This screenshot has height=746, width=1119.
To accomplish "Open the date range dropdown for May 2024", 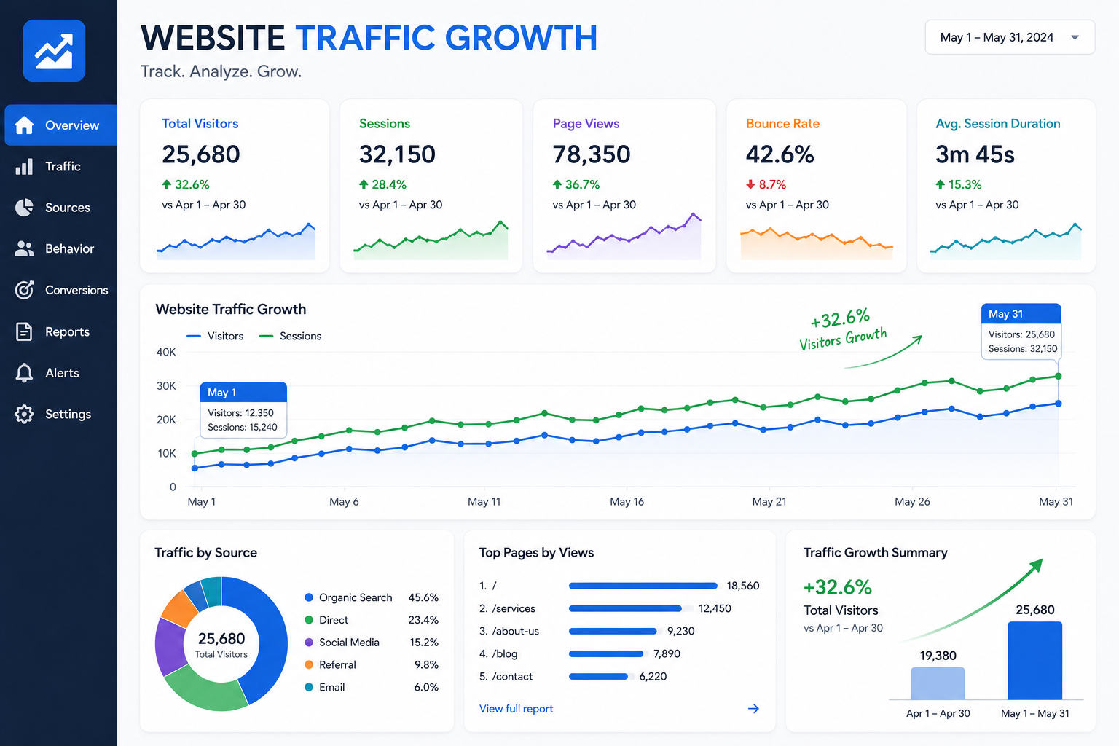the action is click(x=1010, y=37).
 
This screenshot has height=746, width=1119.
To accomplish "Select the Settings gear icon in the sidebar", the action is click(x=24, y=415).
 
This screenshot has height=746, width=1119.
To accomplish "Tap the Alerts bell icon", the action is click(x=24, y=373).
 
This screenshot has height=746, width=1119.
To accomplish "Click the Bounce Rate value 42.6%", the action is click(x=780, y=154).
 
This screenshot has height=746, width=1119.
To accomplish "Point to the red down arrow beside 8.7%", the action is click(x=750, y=185).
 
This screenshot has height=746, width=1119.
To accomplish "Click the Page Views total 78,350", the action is click(x=592, y=154).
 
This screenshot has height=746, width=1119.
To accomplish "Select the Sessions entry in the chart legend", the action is click(x=290, y=337).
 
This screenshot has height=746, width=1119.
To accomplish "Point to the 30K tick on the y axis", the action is click(x=166, y=385).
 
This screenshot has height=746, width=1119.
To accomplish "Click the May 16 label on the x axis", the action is click(x=627, y=502).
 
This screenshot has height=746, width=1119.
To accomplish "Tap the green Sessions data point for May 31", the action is click(x=1058, y=376).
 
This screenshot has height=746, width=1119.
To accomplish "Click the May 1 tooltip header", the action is click(x=243, y=392).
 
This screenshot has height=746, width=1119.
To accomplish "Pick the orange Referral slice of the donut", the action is click(x=179, y=608).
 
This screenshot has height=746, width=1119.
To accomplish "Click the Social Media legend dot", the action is click(x=309, y=642).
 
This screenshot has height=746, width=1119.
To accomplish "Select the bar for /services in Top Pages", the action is click(x=625, y=608).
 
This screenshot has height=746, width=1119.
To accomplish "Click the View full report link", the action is click(x=516, y=709).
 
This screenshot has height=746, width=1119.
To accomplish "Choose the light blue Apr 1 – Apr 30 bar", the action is click(x=938, y=683).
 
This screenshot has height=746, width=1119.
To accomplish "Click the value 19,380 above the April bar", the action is click(x=938, y=656).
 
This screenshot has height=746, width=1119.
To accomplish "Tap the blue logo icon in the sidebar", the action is click(x=54, y=50).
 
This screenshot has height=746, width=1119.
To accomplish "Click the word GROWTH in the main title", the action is click(x=521, y=37).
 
